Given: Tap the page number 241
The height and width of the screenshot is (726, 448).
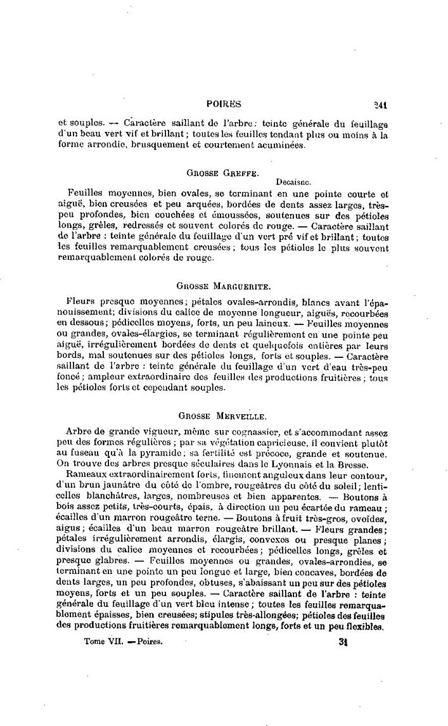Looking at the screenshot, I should click(380, 106).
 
